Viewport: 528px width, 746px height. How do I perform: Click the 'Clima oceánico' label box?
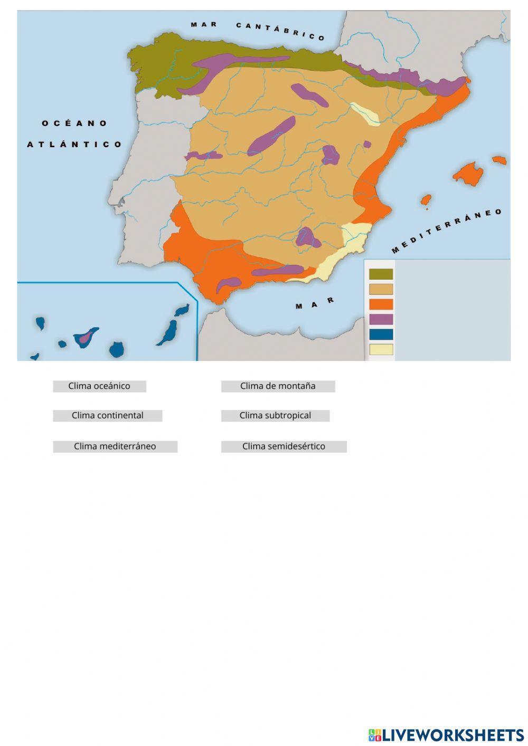tap(99, 386)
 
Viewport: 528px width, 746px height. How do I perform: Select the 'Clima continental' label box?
tap(107, 416)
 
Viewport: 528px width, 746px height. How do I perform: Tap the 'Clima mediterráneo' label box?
tap(115, 446)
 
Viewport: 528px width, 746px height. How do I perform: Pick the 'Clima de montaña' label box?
tap(278, 386)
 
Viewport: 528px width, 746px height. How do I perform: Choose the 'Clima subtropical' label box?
tap(275, 416)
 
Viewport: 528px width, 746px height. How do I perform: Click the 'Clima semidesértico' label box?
tap(284, 446)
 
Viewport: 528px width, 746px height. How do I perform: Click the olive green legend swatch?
tap(381, 274)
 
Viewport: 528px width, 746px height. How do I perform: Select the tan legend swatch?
tap(381, 289)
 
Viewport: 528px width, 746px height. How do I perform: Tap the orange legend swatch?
tap(381, 304)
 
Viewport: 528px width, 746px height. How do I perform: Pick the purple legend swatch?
tap(381, 319)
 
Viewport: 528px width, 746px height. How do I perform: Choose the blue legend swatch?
tap(381, 334)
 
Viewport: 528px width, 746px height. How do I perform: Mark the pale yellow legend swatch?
tap(381, 349)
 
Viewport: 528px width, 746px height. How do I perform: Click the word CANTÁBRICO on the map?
tap(280, 31)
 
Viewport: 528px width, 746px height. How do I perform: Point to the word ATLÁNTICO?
tap(74, 144)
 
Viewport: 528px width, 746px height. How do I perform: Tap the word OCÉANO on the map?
tap(74, 123)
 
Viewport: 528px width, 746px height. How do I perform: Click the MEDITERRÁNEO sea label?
tap(447, 231)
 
